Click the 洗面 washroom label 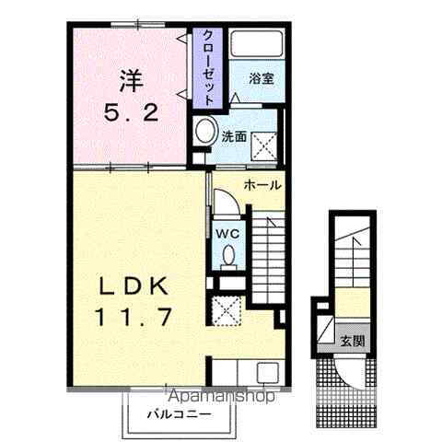click(233, 136)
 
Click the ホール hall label click(263, 185)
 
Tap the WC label click(227, 234)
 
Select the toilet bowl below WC click(228, 257)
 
